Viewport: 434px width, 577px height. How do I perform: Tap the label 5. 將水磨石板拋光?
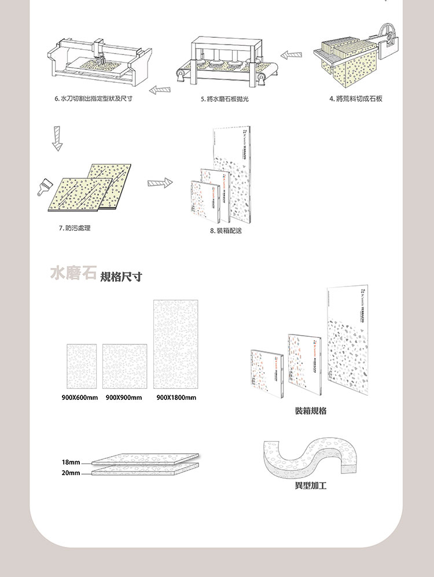click(x=227, y=99)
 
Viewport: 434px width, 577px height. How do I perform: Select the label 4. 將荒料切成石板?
click(x=356, y=99)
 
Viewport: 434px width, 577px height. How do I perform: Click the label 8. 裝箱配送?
click(x=226, y=231)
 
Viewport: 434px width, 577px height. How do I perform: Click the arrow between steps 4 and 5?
click(x=292, y=54)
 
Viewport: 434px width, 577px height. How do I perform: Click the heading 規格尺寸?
click(x=121, y=276)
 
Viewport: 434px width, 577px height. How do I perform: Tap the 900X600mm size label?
click(x=80, y=398)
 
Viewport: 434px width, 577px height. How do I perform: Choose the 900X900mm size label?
click(x=124, y=398)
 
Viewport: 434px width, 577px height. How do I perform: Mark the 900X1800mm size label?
click(x=176, y=398)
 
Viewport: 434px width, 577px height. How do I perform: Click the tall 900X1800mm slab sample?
click(x=176, y=344)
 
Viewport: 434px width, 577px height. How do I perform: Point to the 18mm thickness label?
click(x=70, y=462)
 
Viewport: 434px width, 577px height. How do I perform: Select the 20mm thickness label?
click(x=70, y=473)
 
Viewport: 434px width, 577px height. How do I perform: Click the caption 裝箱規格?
click(x=310, y=410)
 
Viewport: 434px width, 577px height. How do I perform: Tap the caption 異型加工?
click(x=310, y=486)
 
